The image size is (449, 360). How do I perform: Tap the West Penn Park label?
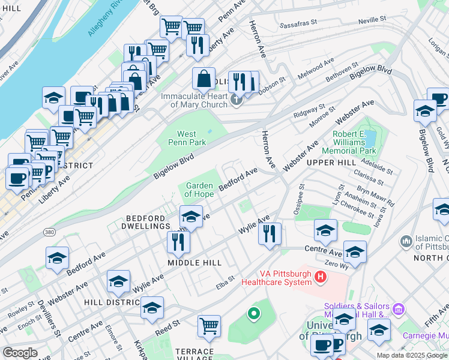click(191, 138)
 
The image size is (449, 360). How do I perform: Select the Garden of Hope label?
click(199, 190)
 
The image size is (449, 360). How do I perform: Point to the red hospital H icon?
click(321, 277)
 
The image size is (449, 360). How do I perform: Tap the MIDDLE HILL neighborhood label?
click(194, 263)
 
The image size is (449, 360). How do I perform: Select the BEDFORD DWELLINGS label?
click(148, 221)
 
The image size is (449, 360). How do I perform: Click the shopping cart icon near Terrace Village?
click(209, 326)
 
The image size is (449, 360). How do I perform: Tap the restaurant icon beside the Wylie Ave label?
click(270, 233)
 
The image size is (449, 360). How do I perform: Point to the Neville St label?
click(370, 20)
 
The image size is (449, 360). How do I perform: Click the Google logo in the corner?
click(20, 353)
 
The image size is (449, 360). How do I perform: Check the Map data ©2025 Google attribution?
click(411, 355)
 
